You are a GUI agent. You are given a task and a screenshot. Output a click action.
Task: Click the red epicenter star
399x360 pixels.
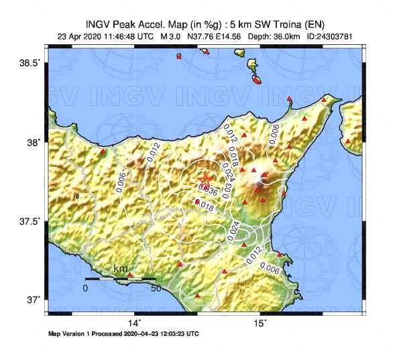click(205, 179)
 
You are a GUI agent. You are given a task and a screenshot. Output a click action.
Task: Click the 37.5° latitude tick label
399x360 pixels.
click(31, 221)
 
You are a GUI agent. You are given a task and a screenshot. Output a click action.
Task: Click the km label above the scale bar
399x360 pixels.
click(121, 269)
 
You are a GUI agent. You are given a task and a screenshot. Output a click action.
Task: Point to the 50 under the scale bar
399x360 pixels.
click(156, 288)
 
